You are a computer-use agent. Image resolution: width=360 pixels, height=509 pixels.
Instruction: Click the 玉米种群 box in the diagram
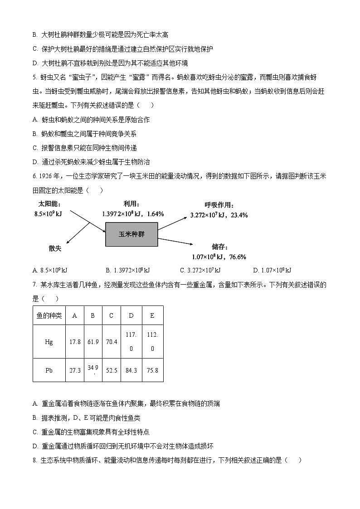click(131, 234)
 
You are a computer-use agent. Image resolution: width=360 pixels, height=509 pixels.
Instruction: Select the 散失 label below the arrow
click(55, 248)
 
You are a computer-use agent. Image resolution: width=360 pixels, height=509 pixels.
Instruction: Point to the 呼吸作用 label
click(219, 205)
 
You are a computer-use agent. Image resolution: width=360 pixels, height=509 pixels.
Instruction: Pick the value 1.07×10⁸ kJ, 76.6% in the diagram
click(219, 257)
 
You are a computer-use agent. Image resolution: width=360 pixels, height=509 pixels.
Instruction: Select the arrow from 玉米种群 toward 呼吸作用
click(172, 222)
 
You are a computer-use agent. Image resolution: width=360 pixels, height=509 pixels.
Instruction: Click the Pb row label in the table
click(49, 370)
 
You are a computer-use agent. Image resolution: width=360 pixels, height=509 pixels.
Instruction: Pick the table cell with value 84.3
click(131, 370)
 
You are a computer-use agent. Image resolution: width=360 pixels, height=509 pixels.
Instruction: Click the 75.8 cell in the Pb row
click(152, 370)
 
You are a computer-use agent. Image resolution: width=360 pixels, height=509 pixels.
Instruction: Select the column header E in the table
click(152, 316)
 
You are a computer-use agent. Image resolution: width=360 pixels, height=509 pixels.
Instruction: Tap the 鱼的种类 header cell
click(49, 316)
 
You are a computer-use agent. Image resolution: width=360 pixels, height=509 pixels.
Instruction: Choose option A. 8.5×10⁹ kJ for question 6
click(50, 271)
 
